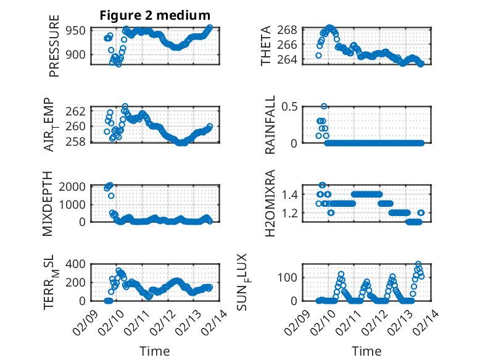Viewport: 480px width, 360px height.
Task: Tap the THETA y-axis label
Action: [266, 46]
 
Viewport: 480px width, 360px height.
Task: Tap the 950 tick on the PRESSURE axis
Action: [80, 30]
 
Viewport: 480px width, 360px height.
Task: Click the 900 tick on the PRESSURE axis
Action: [80, 54]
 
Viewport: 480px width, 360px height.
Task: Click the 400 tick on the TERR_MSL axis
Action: [78, 264]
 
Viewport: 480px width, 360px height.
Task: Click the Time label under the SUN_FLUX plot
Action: [366, 351]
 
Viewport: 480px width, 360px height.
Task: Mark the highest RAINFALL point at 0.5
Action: [324, 106]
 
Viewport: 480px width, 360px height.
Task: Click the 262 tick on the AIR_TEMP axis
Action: [80, 111]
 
